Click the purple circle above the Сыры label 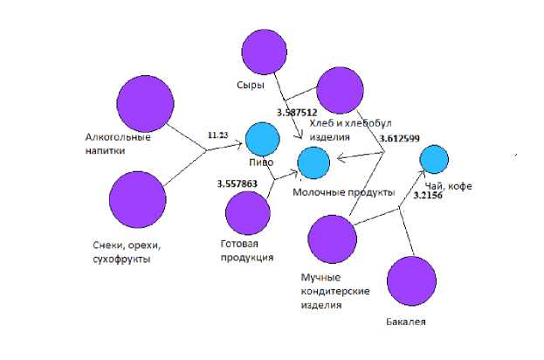click(x=264, y=52)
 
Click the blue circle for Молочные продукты click(x=313, y=163)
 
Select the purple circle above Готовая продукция click(x=248, y=213)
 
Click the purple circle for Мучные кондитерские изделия click(x=332, y=238)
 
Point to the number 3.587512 click(x=296, y=113)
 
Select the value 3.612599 click(x=401, y=138)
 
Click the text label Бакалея click(x=405, y=323)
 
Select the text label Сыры click(x=250, y=86)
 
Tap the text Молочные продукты click(x=343, y=191)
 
